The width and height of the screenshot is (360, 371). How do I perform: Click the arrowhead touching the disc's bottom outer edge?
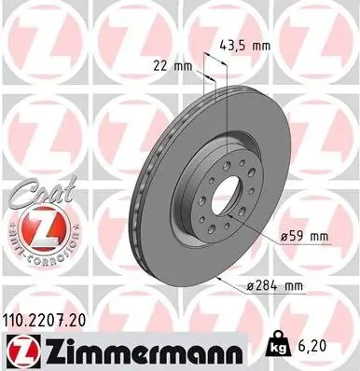217,277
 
